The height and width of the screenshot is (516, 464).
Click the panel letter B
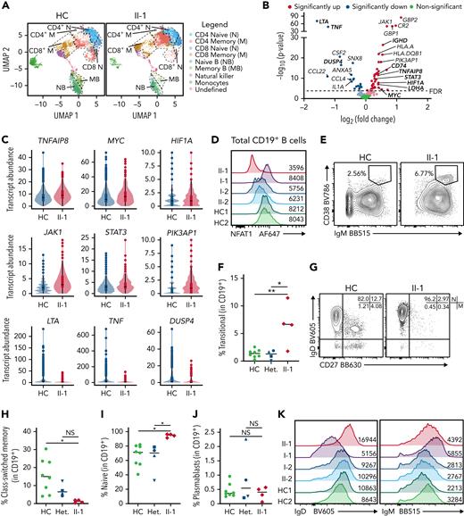tap(269, 6)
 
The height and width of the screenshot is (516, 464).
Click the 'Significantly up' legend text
tap(314, 5)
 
